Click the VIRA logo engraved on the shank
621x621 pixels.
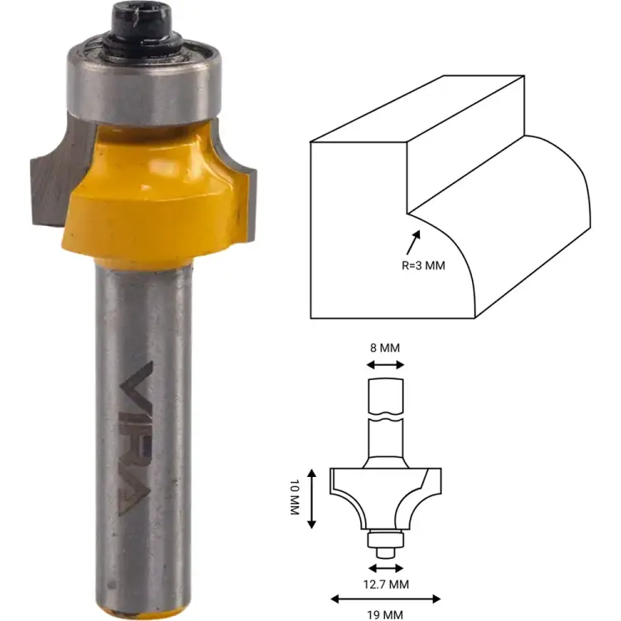(x=144, y=439)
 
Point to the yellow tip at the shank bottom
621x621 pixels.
(x=146, y=614)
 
